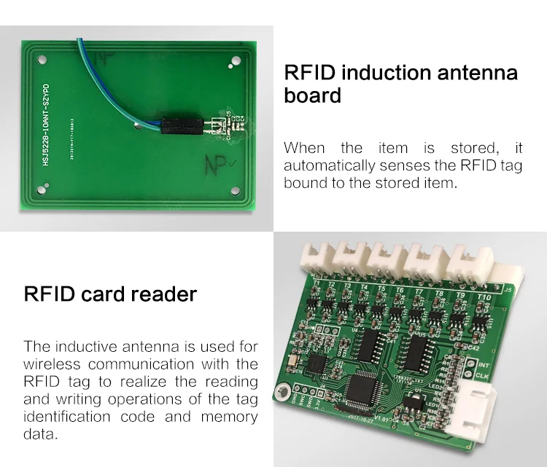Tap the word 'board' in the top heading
[312, 96]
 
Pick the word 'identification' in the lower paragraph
[89, 417]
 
